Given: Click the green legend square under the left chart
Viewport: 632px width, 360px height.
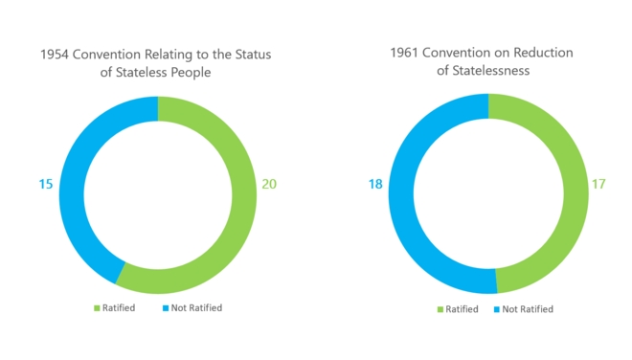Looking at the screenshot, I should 96,308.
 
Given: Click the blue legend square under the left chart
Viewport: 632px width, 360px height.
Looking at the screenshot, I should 165,308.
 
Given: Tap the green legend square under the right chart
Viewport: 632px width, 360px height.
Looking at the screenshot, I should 440,309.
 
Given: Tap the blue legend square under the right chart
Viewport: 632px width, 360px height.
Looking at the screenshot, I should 496,309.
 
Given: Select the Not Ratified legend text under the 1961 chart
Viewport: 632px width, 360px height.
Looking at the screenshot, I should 528,309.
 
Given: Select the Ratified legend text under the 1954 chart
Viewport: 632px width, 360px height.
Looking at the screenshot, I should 119,308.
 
